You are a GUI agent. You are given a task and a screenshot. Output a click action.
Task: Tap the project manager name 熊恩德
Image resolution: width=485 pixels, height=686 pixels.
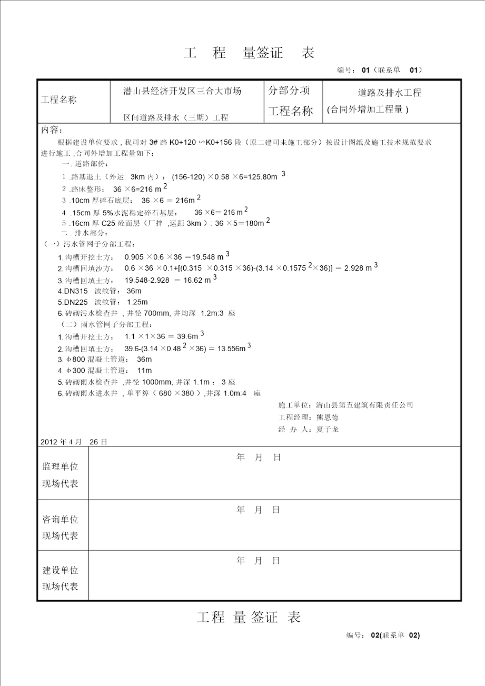(x=327, y=418)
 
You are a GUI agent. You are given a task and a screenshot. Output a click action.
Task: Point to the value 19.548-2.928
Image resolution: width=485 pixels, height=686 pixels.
(x=147, y=280)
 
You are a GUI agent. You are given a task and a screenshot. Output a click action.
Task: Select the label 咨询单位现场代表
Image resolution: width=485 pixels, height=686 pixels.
(x=60, y=527)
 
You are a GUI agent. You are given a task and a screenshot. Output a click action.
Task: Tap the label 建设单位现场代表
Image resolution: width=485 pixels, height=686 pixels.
(x=60, y=578)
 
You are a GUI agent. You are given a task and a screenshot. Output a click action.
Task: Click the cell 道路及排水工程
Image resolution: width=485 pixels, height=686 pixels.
(x=389, y=93)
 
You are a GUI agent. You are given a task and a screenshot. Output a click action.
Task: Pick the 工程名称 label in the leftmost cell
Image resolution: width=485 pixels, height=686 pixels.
(x=59, y=100)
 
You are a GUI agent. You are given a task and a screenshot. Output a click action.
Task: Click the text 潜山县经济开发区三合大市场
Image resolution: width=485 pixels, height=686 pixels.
(x=182, y=91)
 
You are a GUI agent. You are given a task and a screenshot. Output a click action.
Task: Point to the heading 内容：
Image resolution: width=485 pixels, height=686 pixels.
(x=51, y=130)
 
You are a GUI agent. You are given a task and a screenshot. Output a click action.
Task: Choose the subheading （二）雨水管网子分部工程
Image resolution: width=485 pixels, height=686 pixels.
(x=106, y=325)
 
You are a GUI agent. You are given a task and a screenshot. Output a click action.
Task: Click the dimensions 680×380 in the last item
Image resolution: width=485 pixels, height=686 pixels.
(x=176, y=393)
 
